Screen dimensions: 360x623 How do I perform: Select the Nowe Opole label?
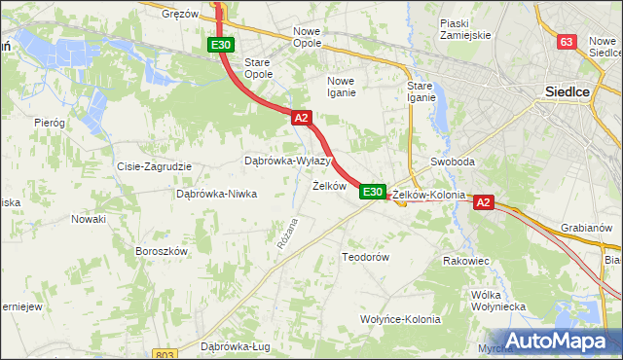point(313,38)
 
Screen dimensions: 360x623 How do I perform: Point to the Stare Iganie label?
point(421,91)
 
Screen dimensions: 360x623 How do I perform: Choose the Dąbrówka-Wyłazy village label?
point(287,161)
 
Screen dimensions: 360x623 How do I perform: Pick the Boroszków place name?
point(161,250)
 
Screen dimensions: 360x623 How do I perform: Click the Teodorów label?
point(365,257)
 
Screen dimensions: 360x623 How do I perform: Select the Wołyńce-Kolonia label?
point(400,319)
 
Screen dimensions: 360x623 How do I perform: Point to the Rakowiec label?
point(465,261)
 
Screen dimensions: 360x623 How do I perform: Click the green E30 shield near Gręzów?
point(221,45)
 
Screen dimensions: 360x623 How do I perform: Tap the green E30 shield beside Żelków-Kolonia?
point(372,192)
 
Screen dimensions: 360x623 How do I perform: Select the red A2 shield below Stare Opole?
point(301,118)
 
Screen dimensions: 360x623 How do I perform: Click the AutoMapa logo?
point(559,341)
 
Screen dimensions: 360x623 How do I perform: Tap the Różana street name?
point(286,233)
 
